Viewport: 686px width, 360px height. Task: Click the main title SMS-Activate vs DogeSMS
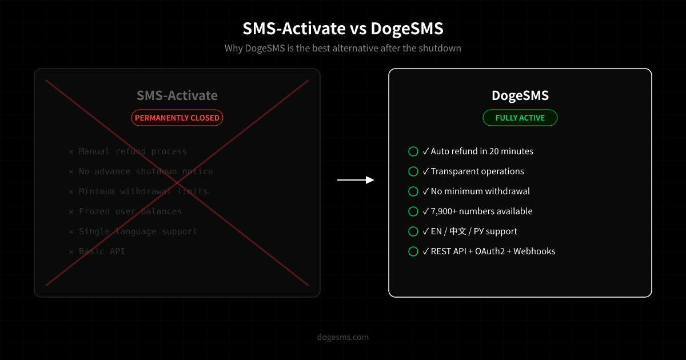point(343,28)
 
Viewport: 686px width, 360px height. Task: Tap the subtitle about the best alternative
point(343,48)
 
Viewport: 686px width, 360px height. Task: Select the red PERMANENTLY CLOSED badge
point(177,118)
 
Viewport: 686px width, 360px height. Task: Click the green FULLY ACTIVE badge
point(520,118)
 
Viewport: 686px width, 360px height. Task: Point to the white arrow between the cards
point(355,180)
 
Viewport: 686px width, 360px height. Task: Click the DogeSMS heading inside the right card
point(520,95)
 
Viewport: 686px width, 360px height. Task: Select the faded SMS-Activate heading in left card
point(177,95)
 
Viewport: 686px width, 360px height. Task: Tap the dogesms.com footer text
point(343,337)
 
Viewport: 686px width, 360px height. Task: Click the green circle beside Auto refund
point(413,151)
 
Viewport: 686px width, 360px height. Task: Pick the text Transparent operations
point(477,171)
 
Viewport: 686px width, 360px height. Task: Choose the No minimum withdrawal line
point(480,191)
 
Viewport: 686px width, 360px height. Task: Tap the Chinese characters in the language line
point(458,231)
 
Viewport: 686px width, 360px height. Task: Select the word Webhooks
point(535,251)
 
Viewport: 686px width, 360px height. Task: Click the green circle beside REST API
point(413,251)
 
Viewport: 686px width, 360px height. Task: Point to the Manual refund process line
point(133,151)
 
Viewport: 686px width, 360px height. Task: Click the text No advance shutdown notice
point(146,171)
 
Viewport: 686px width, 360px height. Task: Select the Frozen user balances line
point(130,211)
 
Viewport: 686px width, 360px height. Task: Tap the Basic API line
point(102,251)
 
